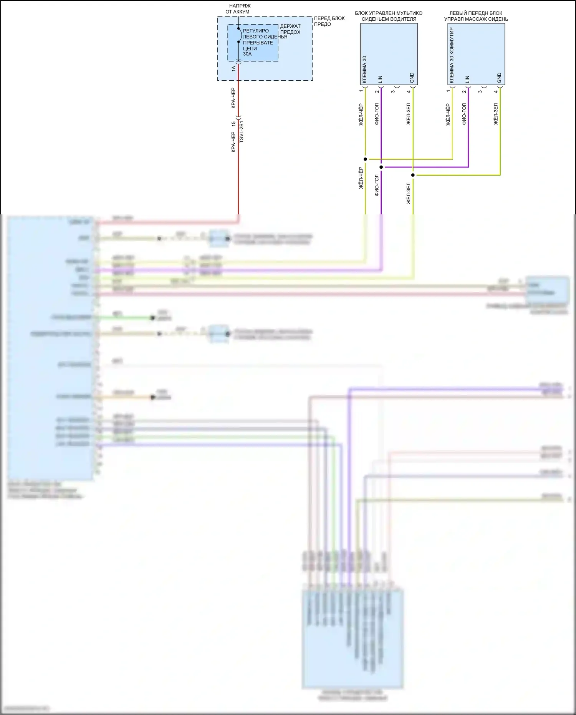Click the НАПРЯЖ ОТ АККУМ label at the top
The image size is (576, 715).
pos(238,9)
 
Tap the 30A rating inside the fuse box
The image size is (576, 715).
pos(247,54)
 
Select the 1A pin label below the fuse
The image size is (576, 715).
pos(233,69)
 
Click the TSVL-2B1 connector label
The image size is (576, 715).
pos(242,132)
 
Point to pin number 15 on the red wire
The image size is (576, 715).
pos(233,124)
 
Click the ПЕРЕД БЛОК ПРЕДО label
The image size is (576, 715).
pos(329,21)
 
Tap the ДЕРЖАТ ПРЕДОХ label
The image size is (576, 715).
pos(290,29)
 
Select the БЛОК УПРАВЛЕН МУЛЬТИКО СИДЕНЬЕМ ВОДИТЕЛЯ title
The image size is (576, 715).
pos(389,16)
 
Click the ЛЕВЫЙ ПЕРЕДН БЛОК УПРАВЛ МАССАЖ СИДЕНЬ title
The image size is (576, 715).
pos(476,16)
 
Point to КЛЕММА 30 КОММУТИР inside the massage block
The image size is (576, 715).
pos(452,55)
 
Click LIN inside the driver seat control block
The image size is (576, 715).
pos(380,79)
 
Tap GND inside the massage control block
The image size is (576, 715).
pos(499,78)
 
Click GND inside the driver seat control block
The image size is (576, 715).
pos(412,78)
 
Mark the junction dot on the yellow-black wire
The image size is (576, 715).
pos(365,159)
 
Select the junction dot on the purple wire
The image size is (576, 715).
pos(381,167)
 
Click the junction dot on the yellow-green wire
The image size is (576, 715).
pos(413,175)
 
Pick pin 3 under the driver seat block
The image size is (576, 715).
pos(393,91)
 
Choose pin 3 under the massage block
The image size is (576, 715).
pos(480,91)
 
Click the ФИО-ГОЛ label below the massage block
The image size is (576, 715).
pos(464,114)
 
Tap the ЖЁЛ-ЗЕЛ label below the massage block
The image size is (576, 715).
pos(496,114)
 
